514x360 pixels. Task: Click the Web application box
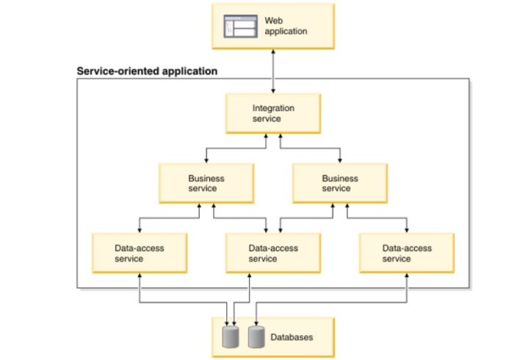point(273,26)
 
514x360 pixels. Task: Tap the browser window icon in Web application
point(241,27)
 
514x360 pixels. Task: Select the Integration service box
point(272,113)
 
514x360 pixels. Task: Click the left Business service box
point(206,183)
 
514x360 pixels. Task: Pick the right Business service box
point(340,183)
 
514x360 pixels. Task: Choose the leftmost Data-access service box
point(140,253)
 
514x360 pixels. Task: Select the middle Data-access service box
point(272,253)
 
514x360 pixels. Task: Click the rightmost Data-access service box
point(406,253)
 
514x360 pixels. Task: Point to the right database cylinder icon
point(256,337)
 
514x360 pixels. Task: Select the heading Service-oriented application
point(147,71)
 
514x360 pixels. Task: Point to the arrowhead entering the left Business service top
point(206,159)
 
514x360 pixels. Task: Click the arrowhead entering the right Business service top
point(340,159)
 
